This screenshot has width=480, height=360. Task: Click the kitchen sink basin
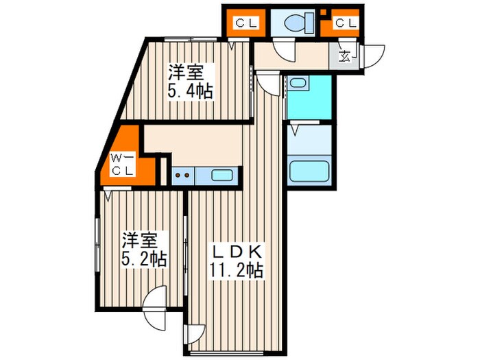click(x=221, y=175)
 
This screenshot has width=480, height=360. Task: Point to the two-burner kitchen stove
click(x=183, y=176)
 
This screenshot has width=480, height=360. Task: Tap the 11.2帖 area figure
click(x=237, y=269)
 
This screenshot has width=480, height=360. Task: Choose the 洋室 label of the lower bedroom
click(x=141, y=241)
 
